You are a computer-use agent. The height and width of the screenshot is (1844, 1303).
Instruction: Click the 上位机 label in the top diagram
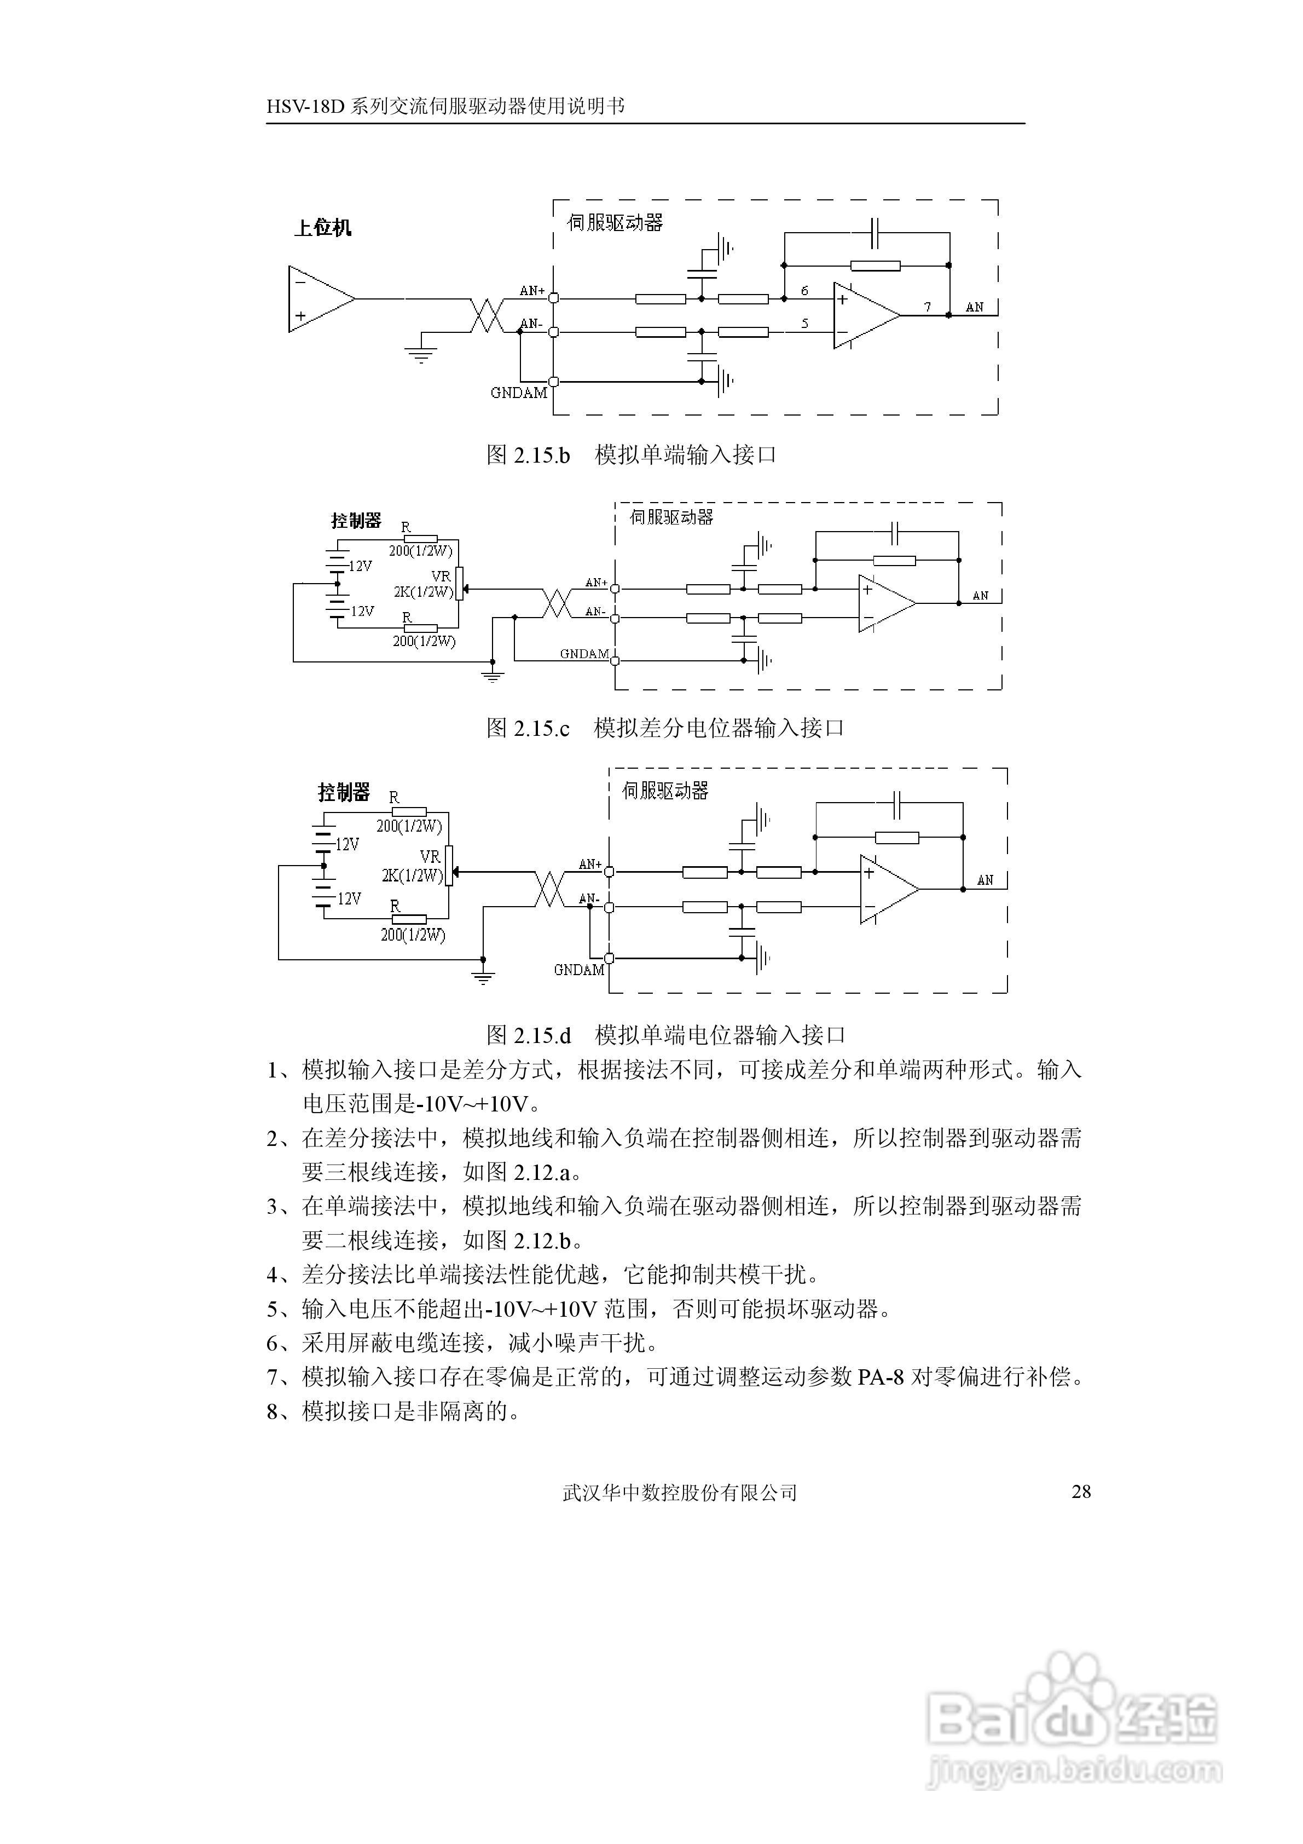tap(323, 228)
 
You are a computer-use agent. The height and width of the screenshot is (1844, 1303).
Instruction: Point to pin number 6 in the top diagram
tap(804, 291)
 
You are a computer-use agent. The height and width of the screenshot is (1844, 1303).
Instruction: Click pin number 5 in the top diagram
tap(804, 324)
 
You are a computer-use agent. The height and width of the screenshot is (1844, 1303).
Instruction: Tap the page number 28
tap(1081, 1491)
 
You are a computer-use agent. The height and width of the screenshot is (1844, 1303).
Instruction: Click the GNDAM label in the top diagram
tap(519, 393)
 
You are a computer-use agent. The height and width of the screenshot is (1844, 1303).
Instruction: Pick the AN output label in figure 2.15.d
tap(985, 880)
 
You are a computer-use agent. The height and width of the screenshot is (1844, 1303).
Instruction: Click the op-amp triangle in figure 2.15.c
tap(885, 603)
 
